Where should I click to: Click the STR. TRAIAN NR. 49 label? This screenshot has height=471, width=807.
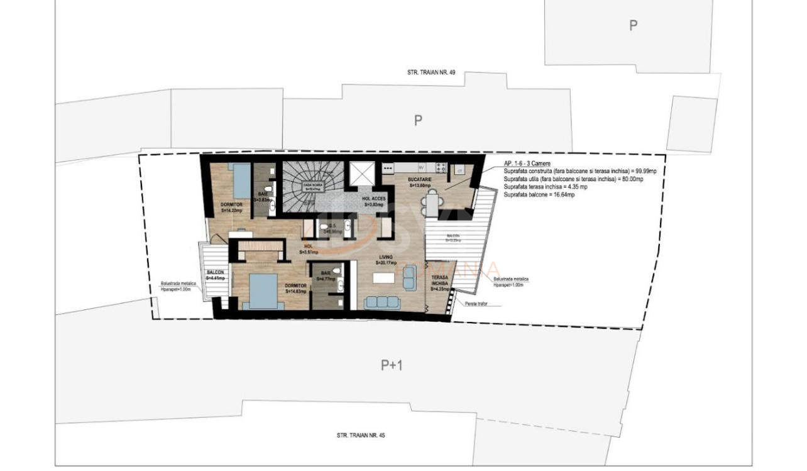coord(431,73)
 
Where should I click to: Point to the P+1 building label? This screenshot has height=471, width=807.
coord(392,365)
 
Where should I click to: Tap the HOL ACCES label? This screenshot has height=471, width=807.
coord(374,201)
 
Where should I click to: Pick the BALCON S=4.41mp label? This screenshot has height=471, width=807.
coord(215,275)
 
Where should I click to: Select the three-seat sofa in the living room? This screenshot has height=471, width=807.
coord(382,302)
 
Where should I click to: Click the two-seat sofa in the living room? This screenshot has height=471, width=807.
coord(409,277)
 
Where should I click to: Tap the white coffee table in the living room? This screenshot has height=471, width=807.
coord(383,278)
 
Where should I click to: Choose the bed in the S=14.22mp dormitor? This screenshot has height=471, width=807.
coord(240,179)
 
